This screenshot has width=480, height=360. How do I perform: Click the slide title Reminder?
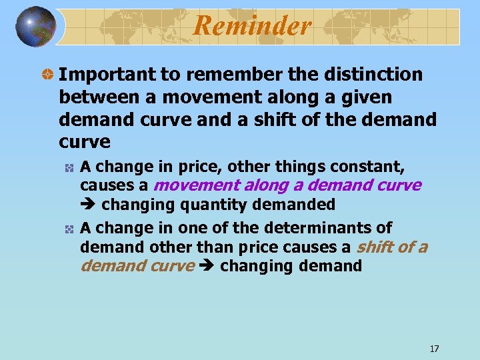[253, 26]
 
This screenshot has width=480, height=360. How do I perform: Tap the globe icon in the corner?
[36, 27]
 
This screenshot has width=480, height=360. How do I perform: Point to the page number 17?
[435, 349]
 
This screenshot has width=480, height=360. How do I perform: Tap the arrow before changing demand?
[207, 267]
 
